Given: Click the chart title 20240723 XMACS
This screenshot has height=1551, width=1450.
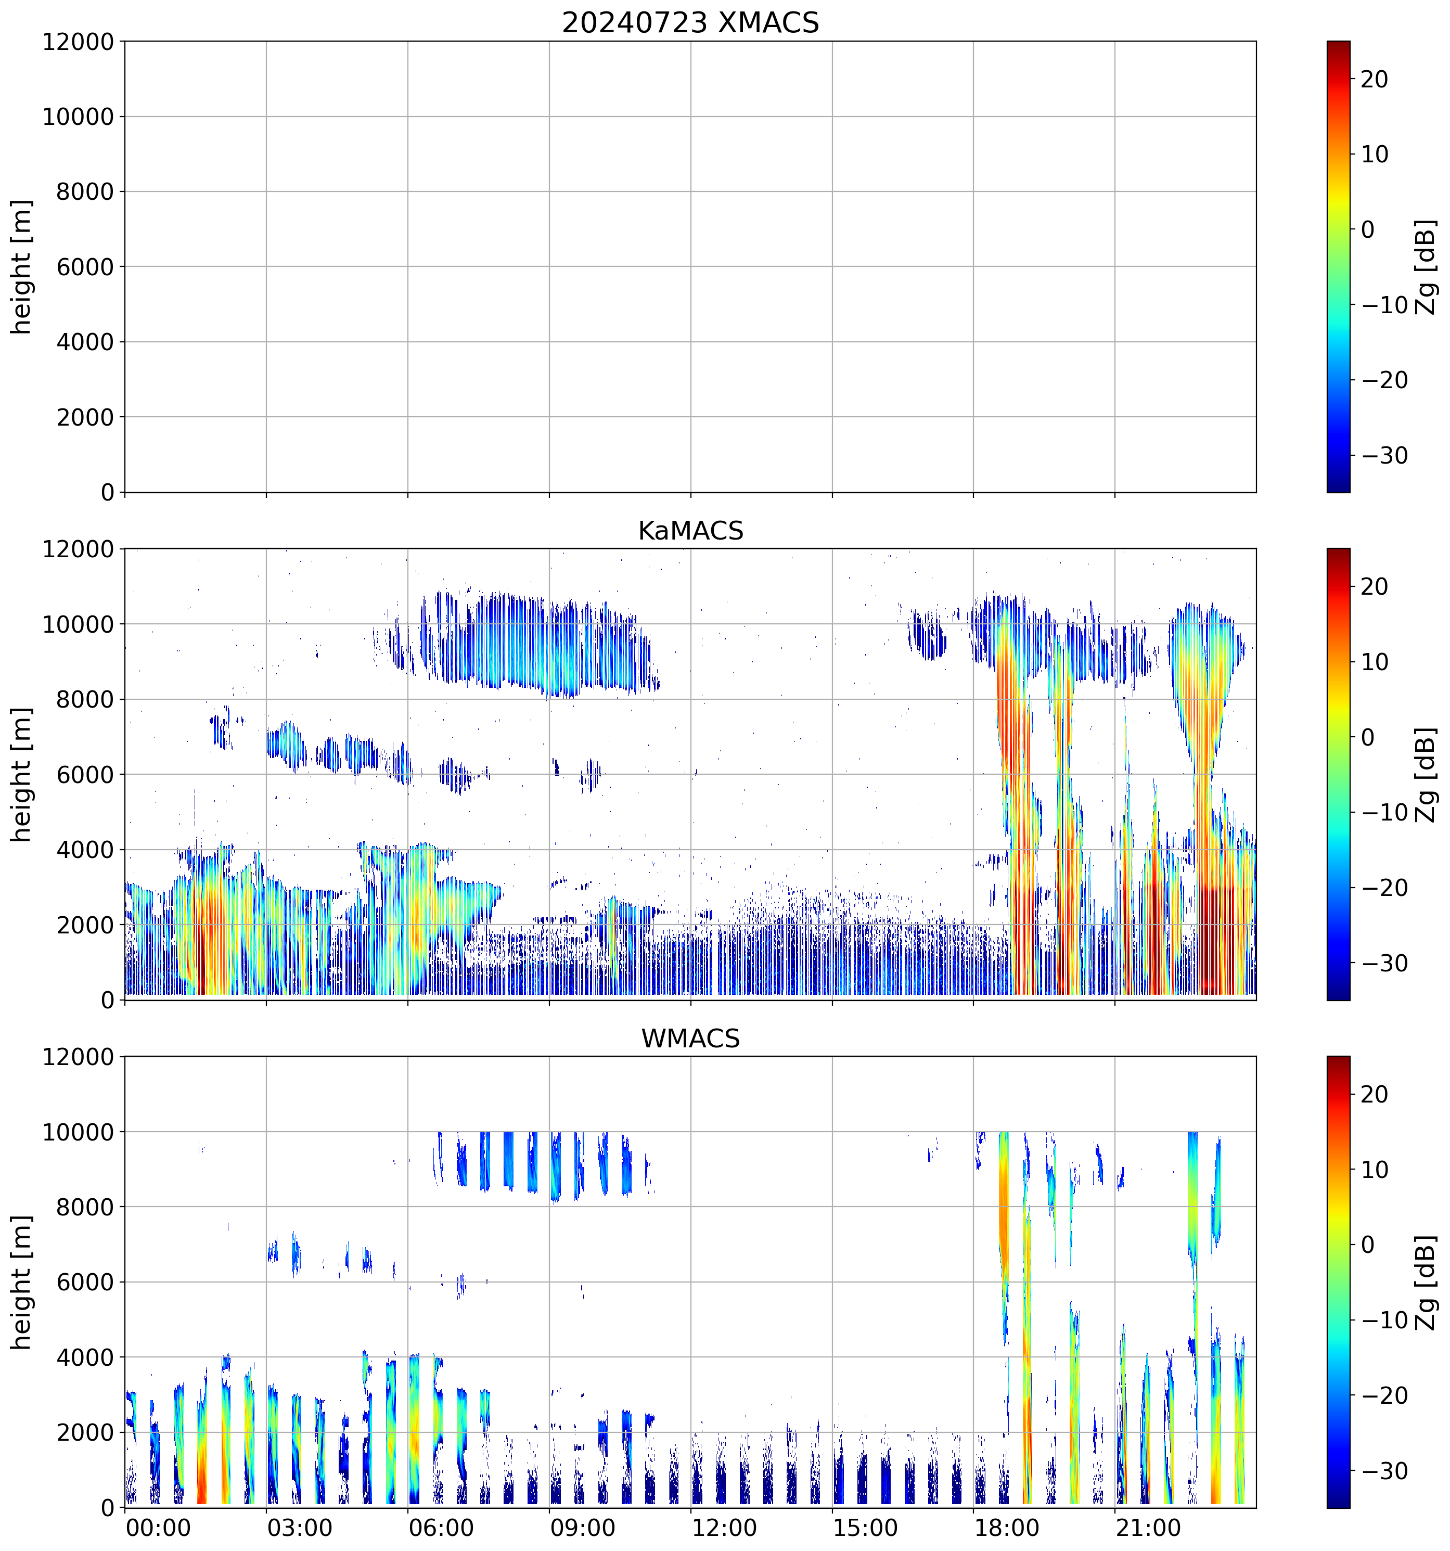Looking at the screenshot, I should [690, 22].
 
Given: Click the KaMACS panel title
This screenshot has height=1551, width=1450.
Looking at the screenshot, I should [690, 531].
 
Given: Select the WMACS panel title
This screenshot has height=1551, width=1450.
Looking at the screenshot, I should [690, 1039].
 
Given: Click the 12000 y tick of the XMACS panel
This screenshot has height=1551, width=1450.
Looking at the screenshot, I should [78, 42].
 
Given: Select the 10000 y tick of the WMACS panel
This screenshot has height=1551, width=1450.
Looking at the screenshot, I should [78, 1132].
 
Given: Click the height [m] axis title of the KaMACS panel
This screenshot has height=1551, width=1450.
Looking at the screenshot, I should [22, 774].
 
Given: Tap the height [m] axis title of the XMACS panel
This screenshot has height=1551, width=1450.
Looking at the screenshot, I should [22, 267].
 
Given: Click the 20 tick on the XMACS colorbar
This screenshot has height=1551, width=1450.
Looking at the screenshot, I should [1375, 80].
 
